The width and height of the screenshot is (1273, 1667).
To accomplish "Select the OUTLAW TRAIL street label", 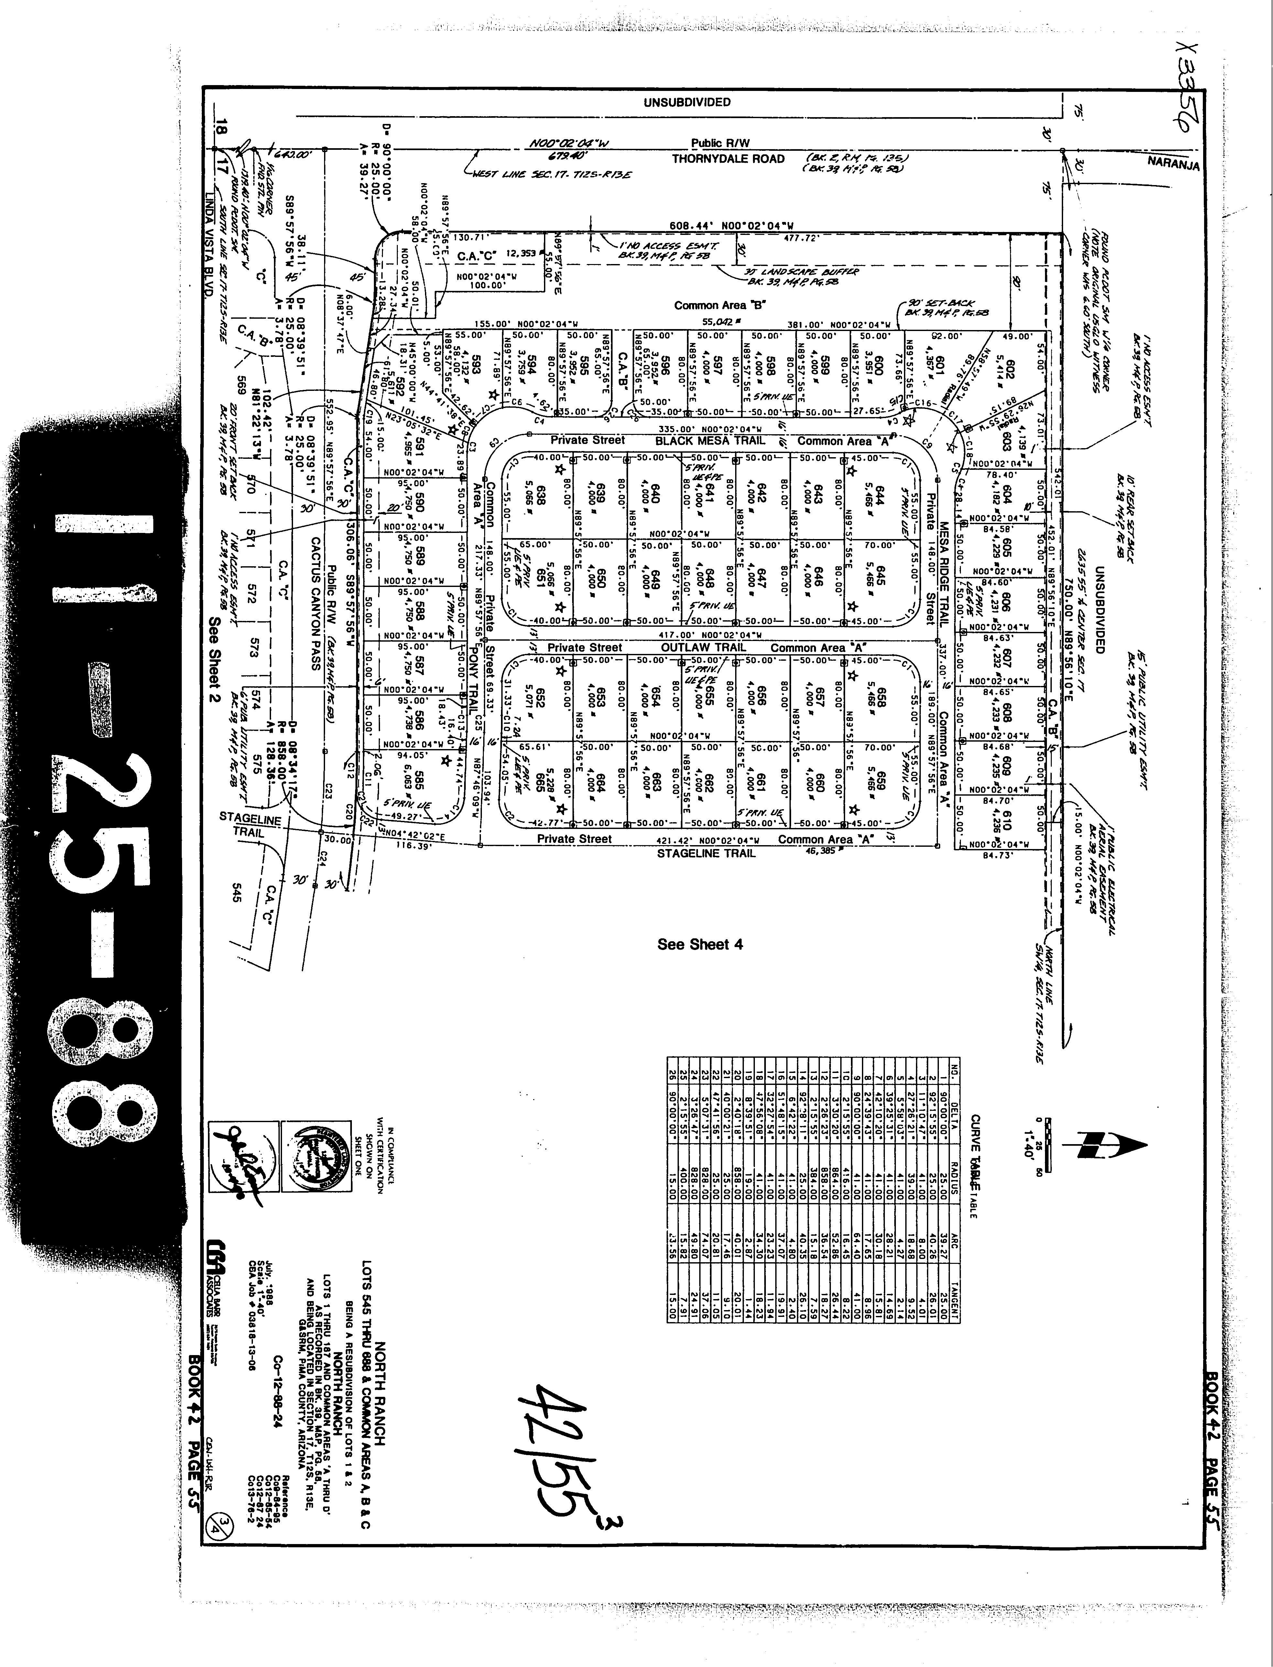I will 703,647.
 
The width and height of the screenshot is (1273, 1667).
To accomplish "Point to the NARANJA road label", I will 1173,163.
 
